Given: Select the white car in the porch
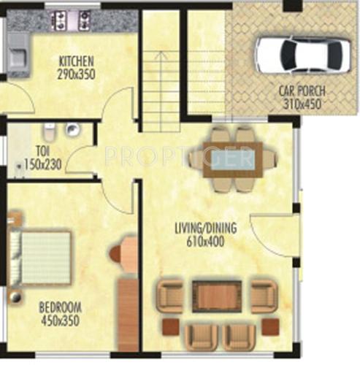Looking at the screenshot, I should click(302, 53).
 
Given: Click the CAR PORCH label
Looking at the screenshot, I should click(302, 92).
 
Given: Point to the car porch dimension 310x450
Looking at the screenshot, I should click(302, 104).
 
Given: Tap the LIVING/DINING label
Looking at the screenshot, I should click(205, 228).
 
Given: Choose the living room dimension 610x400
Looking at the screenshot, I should click(205, 239).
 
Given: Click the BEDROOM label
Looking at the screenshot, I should click(60, 307).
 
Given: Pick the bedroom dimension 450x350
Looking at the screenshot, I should click(60, 319).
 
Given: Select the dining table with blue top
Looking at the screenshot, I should click(231, 160).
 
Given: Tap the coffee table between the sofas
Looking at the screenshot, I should click(217, 295).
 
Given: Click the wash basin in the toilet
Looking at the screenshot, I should click(72, 131).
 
